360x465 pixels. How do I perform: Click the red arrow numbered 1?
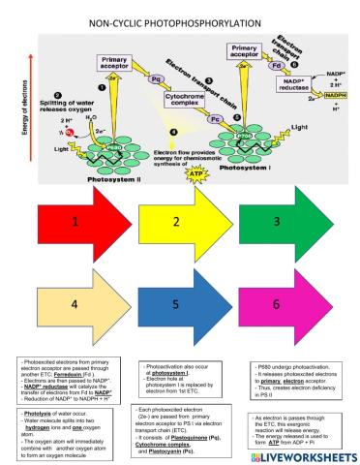(x=72, y=221)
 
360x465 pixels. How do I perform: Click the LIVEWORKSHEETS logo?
(x=298, y=453)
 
